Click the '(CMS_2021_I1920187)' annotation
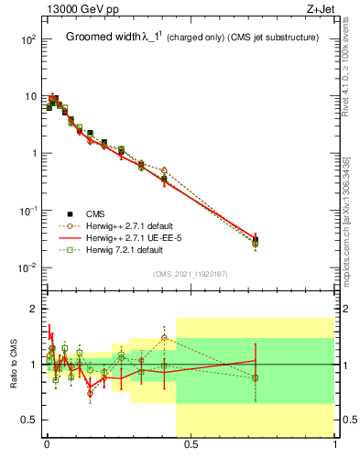(190, 272)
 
